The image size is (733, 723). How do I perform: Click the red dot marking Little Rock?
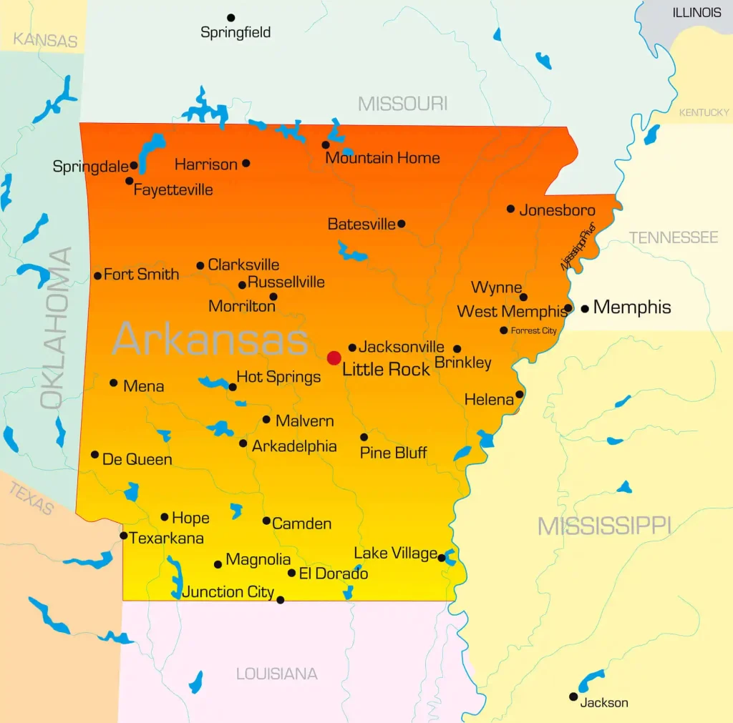pyautogui.click(x=334, y=358)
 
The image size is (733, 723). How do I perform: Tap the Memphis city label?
pyautogui.click(x=632, y=308)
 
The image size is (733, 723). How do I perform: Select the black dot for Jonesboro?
pyautogui.click(x=510, y=209)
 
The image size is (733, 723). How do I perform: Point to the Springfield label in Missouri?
pyautogui.click(x=236, y=33)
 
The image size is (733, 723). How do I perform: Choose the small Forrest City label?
pyautogui.click(x=533, y=331)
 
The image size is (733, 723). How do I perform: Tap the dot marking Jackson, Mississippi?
pyautogui.click(x=573, y=697)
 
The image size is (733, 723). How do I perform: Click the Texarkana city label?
pyautogui.click(x=166, y=538)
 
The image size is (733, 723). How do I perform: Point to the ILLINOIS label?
pyautogui.click(x=696, y=13)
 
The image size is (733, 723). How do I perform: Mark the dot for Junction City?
pyautogui.click(x=280, y=600)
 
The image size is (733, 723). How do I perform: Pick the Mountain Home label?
pyautogui.click(x=382, y=158)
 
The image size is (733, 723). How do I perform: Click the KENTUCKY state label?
pyautogui.click(x=704, y=112)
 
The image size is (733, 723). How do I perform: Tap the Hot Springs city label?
pyautogui.click(x=278, y=377)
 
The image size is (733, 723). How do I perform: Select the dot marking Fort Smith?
pyautogui.click(x=97, y=275)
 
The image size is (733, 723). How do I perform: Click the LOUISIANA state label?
pyautogui.click(x=276, y=674)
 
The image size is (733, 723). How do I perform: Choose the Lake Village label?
pyautogui.click(x=395, y=554)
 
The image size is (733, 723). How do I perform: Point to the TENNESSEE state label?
pyautogui.click(x=673, y=237)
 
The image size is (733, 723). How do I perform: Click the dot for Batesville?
pyautogui.click(x=401, y=224)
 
